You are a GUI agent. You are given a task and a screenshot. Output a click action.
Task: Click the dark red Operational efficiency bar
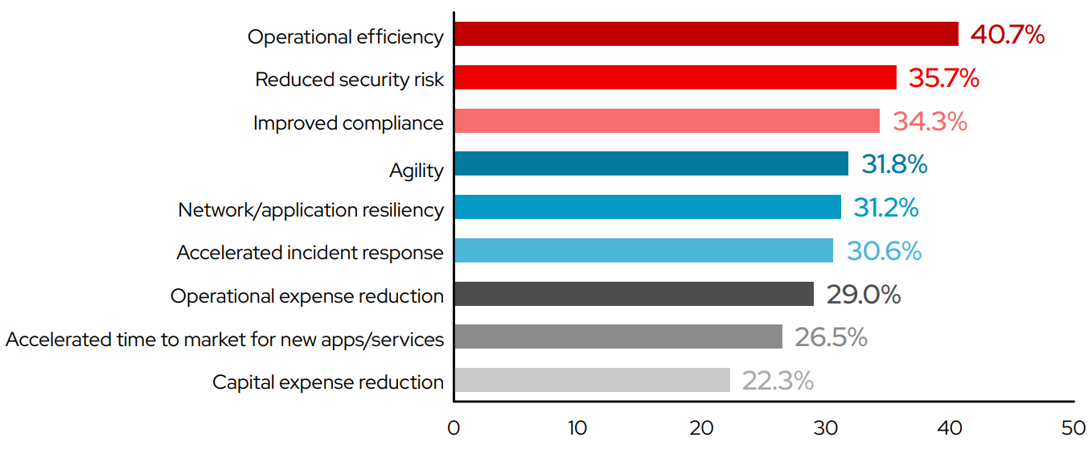tap(706, 35)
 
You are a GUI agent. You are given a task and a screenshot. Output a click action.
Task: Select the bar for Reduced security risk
tap(675, 78)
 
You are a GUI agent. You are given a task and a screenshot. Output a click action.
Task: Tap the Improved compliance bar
tap(667, 122)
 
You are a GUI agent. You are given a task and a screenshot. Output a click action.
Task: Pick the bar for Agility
tap(651, 164)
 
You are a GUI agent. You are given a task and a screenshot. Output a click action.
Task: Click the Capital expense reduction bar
tap(592, 380)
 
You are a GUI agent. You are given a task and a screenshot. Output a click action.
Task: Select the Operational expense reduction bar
tap(634, 294)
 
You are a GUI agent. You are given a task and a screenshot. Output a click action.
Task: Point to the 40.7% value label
tap(1007, 35)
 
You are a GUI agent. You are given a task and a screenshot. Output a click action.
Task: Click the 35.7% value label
tap(943, 78)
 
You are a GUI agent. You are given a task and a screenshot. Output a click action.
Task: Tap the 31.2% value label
tap(885, 208)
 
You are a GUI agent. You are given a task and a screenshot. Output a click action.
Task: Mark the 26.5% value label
tap(831, 337)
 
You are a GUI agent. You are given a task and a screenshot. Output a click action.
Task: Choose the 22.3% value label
tap(778, 380)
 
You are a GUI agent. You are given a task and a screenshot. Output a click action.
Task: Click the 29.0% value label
tap(864, 294)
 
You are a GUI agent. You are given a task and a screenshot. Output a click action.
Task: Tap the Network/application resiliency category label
tap(310, 210)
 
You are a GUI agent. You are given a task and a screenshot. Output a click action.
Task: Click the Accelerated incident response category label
tap(310, 253)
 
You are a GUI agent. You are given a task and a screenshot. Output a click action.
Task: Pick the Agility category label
tap(416, 171)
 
